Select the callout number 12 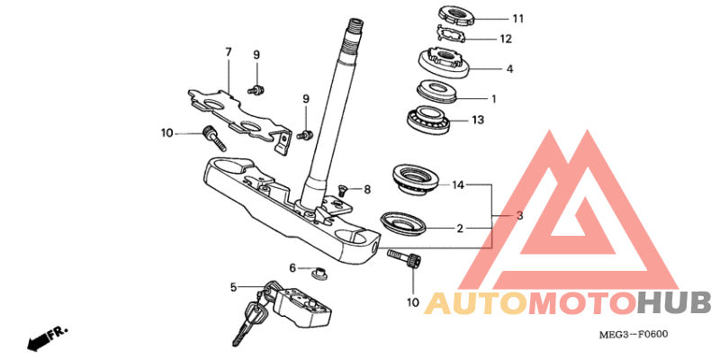[x=506, y=39]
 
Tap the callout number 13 [x=478, y=121]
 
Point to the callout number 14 [x=458, y=185]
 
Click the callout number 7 [x=229, y=52]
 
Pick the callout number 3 [x=519, y=215]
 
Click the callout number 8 [x=367, y=189]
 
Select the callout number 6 [x=292, y=267]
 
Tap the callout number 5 [x=233, y=288]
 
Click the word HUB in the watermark [x=674, y=304]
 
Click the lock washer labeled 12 [x=452, y=35]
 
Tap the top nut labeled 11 [x=457, y=15]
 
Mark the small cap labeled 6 [x=317, y=272]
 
